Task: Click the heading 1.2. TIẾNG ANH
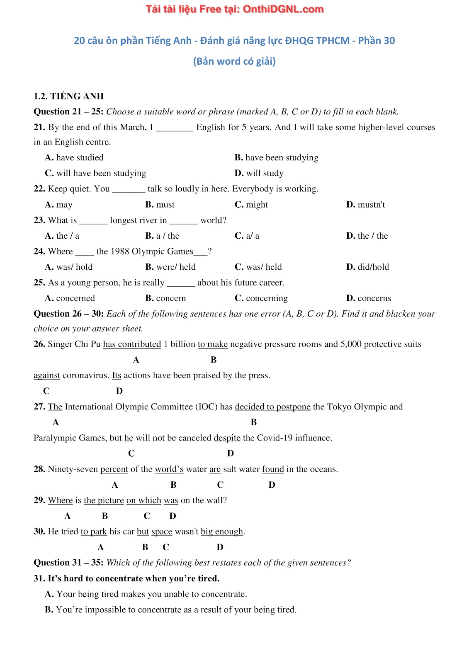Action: (68, 96)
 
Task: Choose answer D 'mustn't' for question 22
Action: (366, 205)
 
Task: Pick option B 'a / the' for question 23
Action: (162, 236)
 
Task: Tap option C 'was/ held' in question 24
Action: (258, 267)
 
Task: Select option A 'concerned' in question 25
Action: (70, 298)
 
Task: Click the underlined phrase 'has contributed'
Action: (132, 344)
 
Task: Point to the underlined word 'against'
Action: (47, 375)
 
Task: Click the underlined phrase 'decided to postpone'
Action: (272, 407)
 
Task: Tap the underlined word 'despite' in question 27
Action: (227, 438)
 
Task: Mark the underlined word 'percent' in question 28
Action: (114, 469)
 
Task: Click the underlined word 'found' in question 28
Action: (273, 469)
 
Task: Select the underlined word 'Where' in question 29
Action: (60, 501)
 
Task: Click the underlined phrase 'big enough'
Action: (222, 532)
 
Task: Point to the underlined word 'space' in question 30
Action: (162, 532)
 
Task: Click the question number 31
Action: (39, 578)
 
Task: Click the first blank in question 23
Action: (93, 220)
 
